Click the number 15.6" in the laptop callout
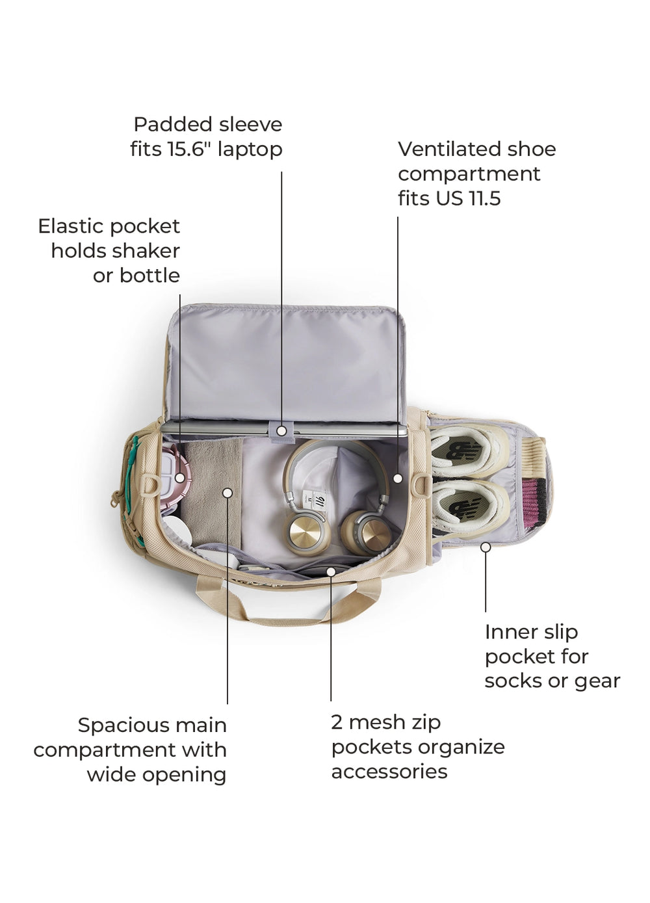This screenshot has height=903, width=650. coord(189,150)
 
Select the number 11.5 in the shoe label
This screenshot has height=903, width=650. coord(483,198)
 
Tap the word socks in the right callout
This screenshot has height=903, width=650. coord(510,681)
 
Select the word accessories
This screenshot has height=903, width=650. coord(389,772)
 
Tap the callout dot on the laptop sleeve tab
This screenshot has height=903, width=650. coord(281,430)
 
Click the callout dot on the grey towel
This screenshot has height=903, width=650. coord(227,493)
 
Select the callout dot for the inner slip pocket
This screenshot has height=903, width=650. coord(486,547)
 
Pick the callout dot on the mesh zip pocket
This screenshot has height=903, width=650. coord(331,571)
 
